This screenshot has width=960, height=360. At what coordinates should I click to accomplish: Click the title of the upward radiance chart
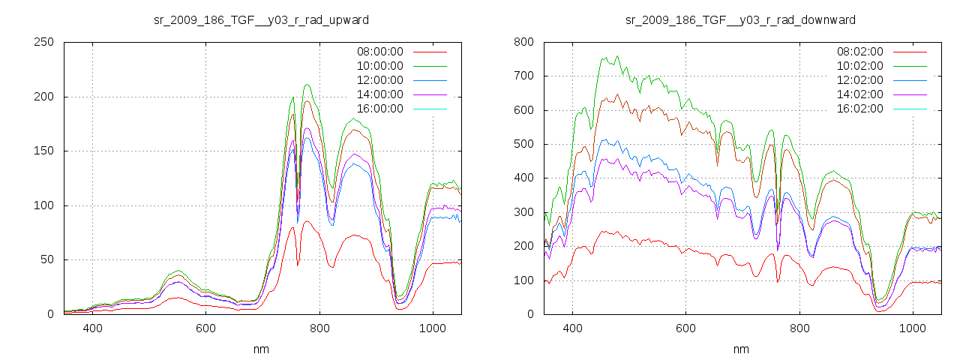click(x=261, y=19)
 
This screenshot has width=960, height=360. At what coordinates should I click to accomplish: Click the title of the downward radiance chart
click(x=740, y=19)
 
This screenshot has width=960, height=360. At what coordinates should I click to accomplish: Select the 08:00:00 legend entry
click(x=379, y=52)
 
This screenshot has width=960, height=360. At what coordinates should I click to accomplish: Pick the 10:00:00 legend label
click(x=379, y=66)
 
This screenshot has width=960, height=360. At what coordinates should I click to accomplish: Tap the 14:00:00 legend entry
click(x=379, y=94)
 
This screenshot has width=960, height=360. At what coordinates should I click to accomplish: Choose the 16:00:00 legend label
click(x=379, y=109)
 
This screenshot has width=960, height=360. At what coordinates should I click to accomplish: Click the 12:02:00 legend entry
click(x=859, y=80)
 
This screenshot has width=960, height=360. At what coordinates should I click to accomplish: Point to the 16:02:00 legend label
click(x=859, y=109)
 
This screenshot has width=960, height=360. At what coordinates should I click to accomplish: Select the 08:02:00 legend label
click(x=859, y=52)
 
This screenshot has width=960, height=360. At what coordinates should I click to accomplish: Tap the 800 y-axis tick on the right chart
click(x=523, y=43)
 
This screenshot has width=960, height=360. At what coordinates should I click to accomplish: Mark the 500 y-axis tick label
click(x=523, y=144)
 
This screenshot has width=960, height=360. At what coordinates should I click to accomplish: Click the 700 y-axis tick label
click(x=523, y=76)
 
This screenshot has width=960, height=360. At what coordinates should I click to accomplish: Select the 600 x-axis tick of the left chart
click(x=206, y=328)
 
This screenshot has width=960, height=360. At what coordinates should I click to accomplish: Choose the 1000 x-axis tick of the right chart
click(x=912, y=328)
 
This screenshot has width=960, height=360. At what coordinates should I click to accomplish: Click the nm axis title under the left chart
click(x=261, y=349)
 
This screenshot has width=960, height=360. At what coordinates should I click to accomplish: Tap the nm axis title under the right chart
click(x=741, y=349)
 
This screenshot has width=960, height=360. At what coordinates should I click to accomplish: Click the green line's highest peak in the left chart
click(x=307, y=85)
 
